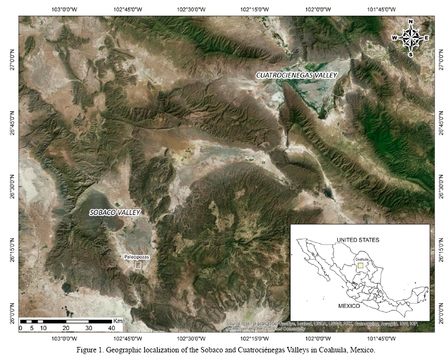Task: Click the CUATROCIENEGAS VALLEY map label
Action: pos(297,75)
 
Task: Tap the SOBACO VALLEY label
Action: pos(115,212)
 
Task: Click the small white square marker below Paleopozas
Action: pos(138,266)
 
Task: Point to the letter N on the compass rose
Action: pos(411,22)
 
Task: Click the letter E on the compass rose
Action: pos(427,37)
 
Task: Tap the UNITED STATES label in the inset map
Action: pos(358,239)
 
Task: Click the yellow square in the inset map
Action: pos(360,266)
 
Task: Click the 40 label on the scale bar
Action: pos(111,328)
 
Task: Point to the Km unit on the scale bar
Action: pos(118,321)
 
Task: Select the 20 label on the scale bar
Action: pos(66,328)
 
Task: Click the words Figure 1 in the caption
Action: pos(91,350)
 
